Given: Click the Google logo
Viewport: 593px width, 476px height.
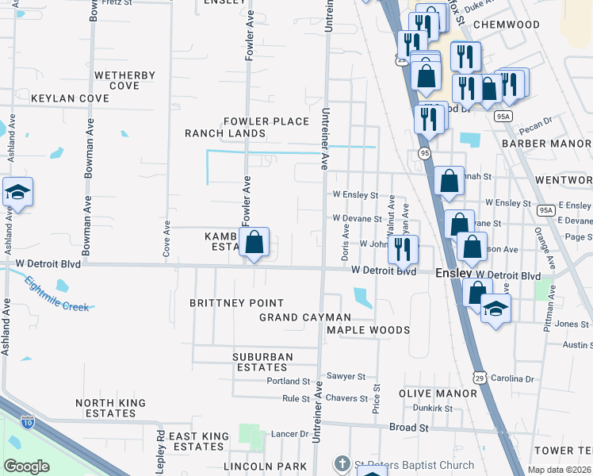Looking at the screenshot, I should pyautogui.click(x=26, y=466).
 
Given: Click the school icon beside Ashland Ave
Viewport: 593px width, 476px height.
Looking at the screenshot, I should pyautogui.click(x=17, y=193).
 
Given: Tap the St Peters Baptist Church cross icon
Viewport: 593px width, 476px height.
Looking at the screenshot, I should pyautogui.click(x=341, y=464).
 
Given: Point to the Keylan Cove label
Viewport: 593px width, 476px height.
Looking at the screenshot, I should pyautogui.click(x=70, y=98).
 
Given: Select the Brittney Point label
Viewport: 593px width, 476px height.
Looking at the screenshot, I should pyautogui.click(x=236, y=303).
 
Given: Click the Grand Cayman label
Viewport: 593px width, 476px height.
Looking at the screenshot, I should pyautogui.click(x=304, y=317).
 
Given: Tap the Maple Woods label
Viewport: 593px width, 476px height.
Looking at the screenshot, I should pyautogui.click(x=368, y=330).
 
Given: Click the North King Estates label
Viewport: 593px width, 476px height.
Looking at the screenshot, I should pyautogui.click(x=110, y=408).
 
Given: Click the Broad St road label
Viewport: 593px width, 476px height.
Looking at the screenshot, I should pyautogui.click(x=408, y=427).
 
